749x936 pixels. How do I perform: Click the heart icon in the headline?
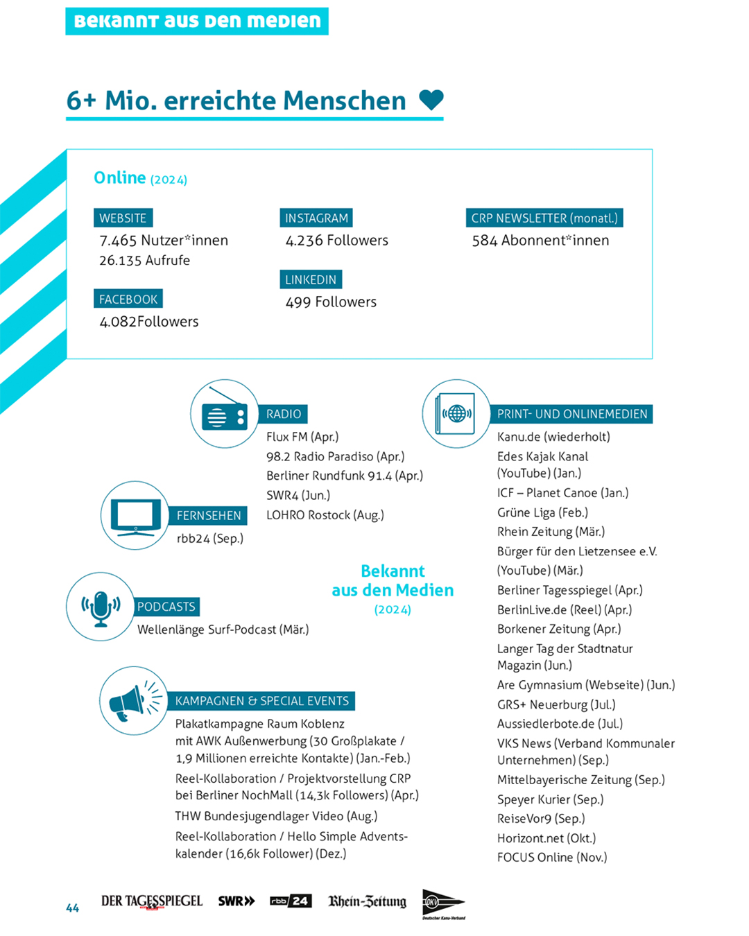431,100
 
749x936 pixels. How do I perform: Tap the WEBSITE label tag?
123,218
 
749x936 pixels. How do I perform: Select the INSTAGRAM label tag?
316,218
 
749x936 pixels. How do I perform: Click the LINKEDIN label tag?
311,279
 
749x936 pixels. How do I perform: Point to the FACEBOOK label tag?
128,300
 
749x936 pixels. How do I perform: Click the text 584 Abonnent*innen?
540,241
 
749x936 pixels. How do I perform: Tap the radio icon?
225,415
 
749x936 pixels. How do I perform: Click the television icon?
135,516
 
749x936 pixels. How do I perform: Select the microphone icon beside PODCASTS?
101,607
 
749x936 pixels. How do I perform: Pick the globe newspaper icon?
456,414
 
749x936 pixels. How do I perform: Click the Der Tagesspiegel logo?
152,901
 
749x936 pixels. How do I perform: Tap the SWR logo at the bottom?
236,901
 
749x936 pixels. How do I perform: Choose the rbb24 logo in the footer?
291,901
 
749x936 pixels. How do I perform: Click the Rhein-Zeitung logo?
367,901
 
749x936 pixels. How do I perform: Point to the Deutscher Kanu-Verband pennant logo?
443,903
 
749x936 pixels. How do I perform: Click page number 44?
72,908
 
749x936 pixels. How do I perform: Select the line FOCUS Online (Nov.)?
552,858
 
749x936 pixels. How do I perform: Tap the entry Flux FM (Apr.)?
302,437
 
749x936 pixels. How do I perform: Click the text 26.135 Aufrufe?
144,261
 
